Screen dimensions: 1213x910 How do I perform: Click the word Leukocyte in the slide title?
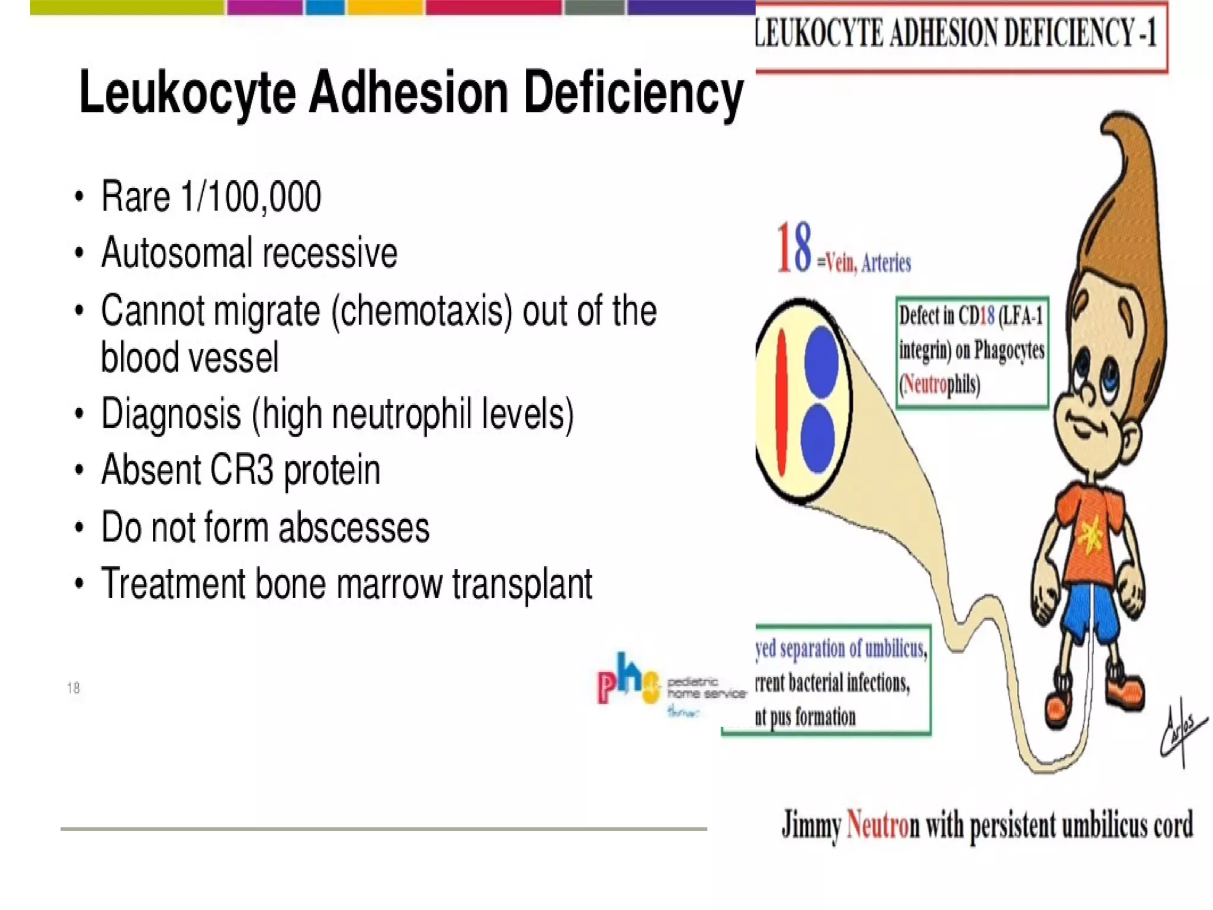[x=187, y=94]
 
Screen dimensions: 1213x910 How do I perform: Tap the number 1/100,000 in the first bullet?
[x=251, y=197]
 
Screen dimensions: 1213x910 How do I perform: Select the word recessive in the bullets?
[x=330, y=254]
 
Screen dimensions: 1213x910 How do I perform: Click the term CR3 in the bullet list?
[x=240, y=470]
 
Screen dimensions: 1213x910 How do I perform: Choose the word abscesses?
[x=354, y=528]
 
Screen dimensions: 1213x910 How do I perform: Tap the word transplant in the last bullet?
[x=522, y=584]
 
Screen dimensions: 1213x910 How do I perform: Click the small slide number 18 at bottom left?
[x=73, y=688]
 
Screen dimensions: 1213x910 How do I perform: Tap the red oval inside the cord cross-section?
[x=781, y=403]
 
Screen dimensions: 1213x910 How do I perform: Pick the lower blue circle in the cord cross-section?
[x=818, y=438]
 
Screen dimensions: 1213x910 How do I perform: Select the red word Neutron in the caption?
[x=878, y=825]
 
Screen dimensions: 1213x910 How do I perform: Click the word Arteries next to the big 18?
[x=886, y=263]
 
